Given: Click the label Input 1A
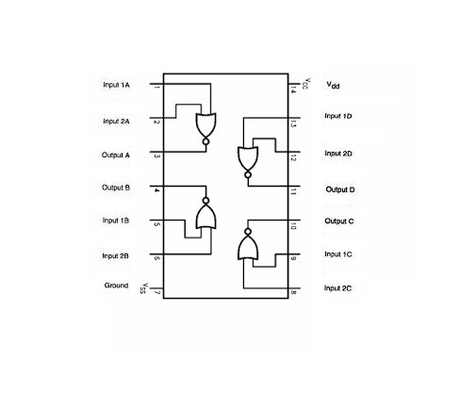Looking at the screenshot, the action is click(116, 85).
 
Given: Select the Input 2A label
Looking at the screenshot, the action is click(116, 122).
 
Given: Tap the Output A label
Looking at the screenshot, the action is click(116, 156).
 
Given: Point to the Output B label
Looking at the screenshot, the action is click(116, 188).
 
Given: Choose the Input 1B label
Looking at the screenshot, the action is click(116, 221).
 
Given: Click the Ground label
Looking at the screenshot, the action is click(116, 286).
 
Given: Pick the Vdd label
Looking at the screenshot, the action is click(333, 85).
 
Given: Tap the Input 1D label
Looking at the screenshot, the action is click(338, 116).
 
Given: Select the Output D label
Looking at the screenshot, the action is click(340, 189).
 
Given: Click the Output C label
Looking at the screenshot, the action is click(339, 221).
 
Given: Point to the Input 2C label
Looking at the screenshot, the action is click(337, 288).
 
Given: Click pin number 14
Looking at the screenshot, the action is click(292, 91).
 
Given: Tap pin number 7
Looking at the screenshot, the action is click(157, 293).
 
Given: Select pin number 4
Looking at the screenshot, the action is click(156, 190).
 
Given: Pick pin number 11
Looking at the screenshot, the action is click(292, 191).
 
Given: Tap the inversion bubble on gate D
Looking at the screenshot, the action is click(248, 174).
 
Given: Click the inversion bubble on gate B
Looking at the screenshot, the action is click(205, 201).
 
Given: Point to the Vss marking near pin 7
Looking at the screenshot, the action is click(144, 288).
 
